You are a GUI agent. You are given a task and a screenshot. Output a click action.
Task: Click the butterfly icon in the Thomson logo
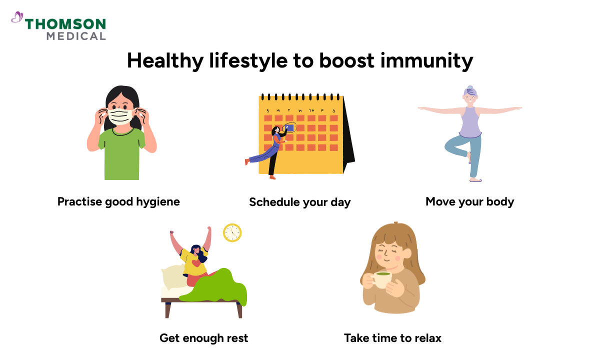[17, 18]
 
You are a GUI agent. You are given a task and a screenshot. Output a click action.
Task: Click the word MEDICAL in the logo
[76, 36]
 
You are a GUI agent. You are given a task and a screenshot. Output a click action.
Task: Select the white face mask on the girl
[120, 116]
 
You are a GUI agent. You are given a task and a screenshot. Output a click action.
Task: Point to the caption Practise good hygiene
[118, 201]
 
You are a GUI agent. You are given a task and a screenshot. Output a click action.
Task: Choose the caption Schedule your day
[300, 202]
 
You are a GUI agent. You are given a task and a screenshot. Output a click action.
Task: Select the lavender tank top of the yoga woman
[470, 122]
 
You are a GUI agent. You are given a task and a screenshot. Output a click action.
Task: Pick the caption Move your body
[469, 202]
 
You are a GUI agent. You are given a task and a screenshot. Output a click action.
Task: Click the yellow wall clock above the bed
[232, 232]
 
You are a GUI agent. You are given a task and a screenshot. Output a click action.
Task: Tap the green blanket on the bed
[215, 287]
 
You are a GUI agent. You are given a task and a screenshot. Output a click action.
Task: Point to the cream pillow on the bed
[172, 277]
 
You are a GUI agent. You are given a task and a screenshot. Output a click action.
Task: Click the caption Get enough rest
[203, 338]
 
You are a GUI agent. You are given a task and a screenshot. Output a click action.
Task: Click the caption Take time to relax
[392, 338]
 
